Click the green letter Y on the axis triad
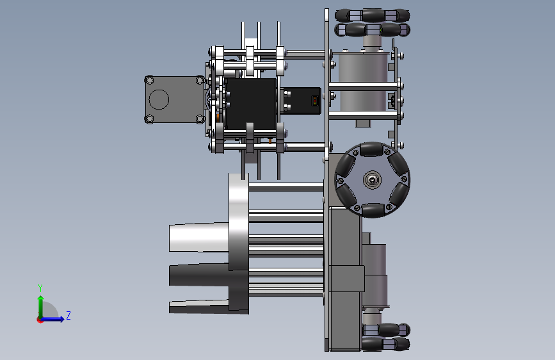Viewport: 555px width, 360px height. click(40, 288)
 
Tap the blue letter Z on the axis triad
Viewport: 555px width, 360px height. click(68, 315)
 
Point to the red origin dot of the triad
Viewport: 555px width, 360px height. click(40, 320)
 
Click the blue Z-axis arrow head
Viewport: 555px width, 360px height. click(61, 319)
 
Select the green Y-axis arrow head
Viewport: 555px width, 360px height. click(41, 298)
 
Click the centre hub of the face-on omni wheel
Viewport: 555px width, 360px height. click(372, 180)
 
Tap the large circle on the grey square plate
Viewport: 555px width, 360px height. click(159, 99)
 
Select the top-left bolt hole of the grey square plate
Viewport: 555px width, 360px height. click(149, 80)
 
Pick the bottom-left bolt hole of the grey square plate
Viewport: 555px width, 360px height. click(149, 119)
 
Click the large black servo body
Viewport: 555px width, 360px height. click(251, 104)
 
